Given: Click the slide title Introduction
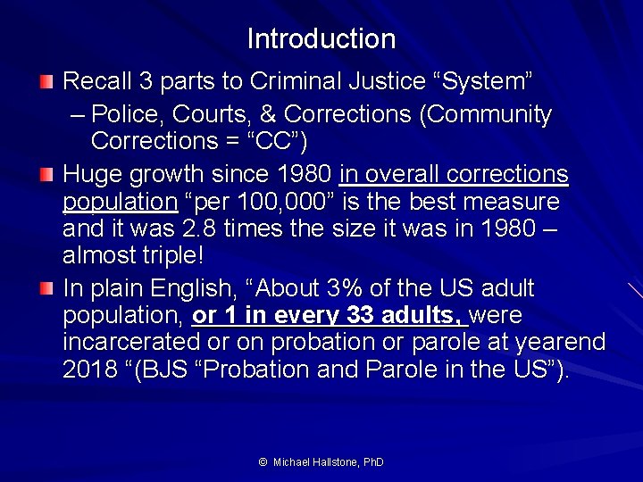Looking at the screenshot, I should coord(321,39).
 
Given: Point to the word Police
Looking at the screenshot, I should coord(122,115).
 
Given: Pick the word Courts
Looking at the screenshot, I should coord(201,115).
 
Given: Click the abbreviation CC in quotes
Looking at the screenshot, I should coord(279,142).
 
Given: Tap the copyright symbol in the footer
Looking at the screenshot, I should coord(263,462).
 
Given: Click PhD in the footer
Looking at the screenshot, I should coord(372,462).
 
